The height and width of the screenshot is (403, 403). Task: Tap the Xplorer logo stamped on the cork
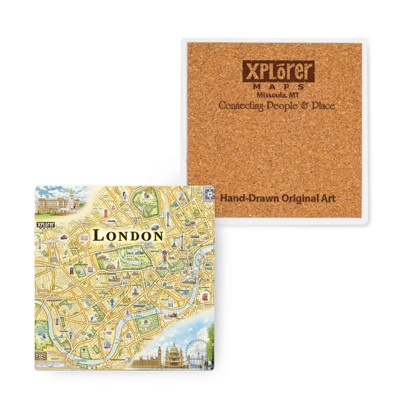point(278,71)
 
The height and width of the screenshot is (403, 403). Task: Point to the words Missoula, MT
point(278,95)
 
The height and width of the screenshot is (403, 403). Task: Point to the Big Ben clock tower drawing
point(160,354)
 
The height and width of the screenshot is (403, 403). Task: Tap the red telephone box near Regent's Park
point(106,212)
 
